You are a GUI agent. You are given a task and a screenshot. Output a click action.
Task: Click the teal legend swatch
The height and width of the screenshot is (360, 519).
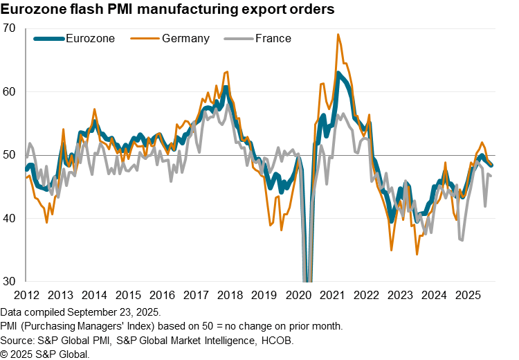(49, 39)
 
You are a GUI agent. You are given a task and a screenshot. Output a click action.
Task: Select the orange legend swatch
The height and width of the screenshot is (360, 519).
(145, 39)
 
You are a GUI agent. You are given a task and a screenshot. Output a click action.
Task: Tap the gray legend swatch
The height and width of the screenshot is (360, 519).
(239, 39)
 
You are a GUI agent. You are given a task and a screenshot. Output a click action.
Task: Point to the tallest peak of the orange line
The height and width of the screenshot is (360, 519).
(338, 34)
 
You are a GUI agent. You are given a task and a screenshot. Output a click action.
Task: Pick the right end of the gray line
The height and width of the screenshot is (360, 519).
(491, 175)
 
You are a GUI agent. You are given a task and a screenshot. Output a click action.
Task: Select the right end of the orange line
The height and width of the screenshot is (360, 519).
(492, 166)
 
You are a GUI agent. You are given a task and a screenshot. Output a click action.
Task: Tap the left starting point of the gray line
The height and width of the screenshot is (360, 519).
(26, 156)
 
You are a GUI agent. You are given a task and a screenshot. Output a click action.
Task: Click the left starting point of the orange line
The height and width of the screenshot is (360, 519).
(26, 178)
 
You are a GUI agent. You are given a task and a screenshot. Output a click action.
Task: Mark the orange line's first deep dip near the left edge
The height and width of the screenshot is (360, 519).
(47, 222)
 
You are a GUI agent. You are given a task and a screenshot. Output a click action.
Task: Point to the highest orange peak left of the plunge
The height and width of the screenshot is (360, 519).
(226, 71)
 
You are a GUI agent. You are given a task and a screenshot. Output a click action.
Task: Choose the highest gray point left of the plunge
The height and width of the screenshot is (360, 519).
(229, 105)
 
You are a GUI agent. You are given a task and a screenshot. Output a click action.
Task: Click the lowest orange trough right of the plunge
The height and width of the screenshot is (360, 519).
(417, 253)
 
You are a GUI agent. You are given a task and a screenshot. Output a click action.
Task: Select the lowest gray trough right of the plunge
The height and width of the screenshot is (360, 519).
(462, 240)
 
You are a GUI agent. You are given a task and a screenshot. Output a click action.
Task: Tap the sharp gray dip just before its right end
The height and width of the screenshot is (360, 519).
(485, 206)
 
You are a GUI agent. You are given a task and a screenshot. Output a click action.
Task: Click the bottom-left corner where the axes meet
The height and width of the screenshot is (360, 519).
(26, 281)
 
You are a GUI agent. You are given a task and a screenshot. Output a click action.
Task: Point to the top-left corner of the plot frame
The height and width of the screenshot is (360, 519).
(26, 28)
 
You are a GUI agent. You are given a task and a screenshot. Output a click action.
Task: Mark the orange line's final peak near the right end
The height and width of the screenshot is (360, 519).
(482, 143)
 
